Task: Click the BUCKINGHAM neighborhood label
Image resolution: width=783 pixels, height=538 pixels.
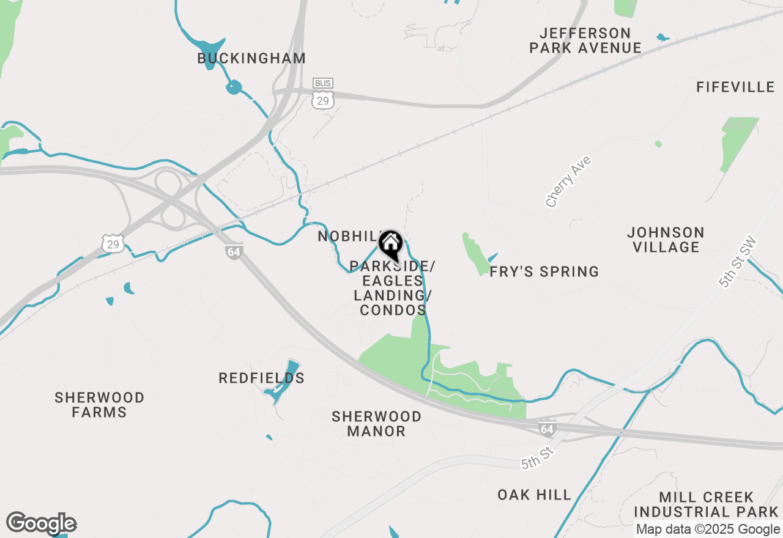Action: pyautogui.click(x=251, y=59)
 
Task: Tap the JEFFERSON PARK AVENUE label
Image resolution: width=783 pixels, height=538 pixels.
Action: pyautogui.click(x=585, y=40)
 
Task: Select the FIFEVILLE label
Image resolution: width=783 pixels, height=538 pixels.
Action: pyautogui.click(x=735, y=87)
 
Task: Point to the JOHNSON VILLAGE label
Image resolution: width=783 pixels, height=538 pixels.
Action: pyautogui.click(x=666, y=240)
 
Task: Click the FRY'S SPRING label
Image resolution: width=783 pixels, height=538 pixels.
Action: pyautogui.click(x=544, y=271)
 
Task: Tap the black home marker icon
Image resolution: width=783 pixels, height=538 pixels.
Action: pyautogui.click(x=390, y=245)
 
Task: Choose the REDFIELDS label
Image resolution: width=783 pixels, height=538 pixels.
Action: pyautogui.click(x=261, y=378)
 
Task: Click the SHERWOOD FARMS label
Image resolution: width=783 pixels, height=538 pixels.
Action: pyautogui.click(x=99, y=405)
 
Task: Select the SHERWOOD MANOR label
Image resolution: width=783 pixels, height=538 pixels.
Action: pyautogui.click(x=376, y=424)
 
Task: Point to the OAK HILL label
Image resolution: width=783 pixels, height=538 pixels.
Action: pyautogui.click(x=534, y=495)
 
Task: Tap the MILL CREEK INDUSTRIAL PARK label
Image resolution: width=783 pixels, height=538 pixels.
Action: pyautogui.click(x=706, y=504)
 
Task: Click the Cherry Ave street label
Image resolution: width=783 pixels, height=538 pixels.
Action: pyautogui.click(x=568, y=181)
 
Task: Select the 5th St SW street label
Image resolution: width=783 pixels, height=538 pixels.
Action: pyautogui.click(x=738, y=263)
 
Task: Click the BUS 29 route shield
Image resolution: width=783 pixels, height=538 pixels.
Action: pyautogui.click(x=322, y=94)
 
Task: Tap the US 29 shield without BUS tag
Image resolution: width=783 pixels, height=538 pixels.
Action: pyautogui.click(x=114, y=244)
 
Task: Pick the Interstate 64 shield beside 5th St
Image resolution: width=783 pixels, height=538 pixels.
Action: pyautogui.click(x=547, y=429)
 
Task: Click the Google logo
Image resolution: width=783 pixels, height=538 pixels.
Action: pyautogui.click(x=41, y=524)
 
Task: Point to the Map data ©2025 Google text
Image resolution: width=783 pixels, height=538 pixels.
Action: pyautogui.click(x=708, y=529)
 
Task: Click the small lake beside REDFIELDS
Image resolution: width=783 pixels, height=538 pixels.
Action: pyautogui.click(x=283, y=383)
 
